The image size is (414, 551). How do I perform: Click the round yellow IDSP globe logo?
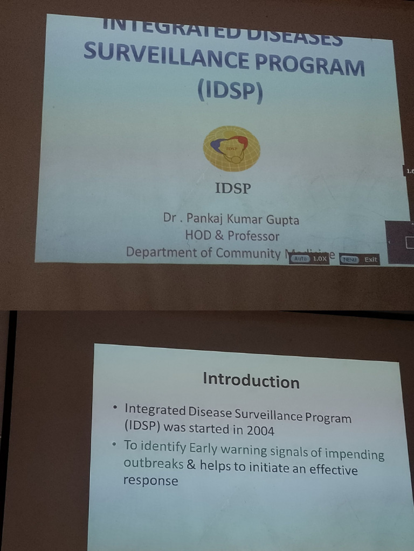point(231,148)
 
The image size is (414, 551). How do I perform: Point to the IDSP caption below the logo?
point(233,188)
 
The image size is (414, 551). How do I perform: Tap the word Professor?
point(253,236)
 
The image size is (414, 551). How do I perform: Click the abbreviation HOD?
point(198,235)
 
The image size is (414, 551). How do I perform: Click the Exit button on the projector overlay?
point(371,260)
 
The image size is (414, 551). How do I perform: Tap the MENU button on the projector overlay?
point(349,259)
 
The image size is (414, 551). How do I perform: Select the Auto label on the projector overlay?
point(300,259)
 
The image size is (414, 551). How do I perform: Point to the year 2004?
point(260,430)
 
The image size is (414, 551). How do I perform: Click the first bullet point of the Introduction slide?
point(115,408)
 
